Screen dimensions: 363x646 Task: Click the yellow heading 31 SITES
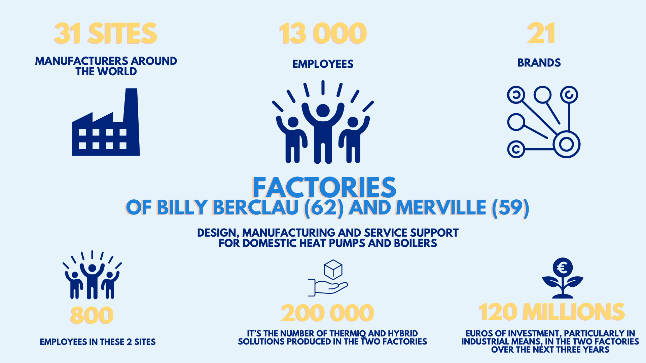(x=106, y=34)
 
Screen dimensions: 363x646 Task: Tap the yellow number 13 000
(x=323, y=34)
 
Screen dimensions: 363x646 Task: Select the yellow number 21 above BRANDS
(x=541, y=34)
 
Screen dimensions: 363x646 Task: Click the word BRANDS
(x=539, y=63)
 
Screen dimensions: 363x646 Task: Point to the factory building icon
(x=106, y=131)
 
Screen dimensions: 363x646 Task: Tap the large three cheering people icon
(x=323, y=128)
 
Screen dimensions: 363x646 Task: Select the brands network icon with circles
(x=543, y=122)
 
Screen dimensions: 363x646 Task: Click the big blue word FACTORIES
(x=324, y=188)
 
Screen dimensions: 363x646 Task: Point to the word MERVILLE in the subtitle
(x=441, y=207)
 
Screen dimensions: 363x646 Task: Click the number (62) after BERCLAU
(x=324, y=207)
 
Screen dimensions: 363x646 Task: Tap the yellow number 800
(x=92, y=315)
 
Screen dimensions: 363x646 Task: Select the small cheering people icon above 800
(x=92, y=276)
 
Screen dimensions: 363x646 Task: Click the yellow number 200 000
(x=327, y=313)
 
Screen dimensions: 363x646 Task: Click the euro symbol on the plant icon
(x=562, y=268)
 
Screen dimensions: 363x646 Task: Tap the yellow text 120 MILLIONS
(x=552, y=312)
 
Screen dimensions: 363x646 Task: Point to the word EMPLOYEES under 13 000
(x=323, y=64)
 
